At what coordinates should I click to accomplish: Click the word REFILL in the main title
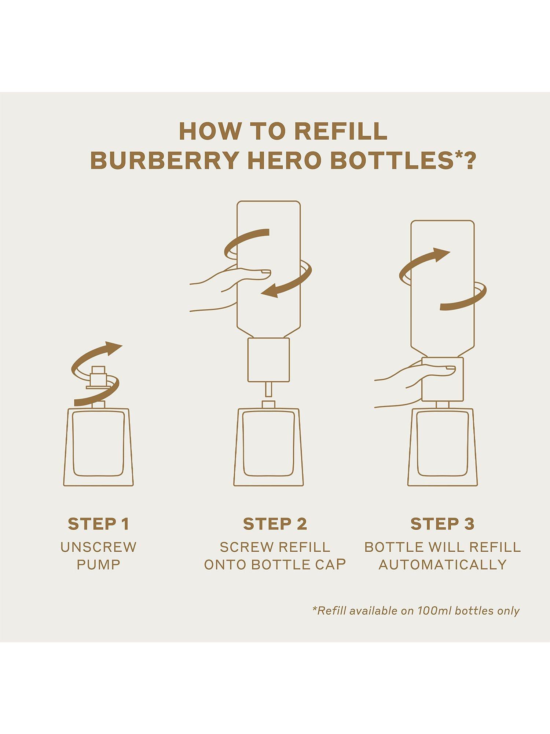coord(341,131)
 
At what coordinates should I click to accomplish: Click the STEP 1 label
coord(99,524)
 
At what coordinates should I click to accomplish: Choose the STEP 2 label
coord(275,524)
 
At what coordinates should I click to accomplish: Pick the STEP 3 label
coord(443,524)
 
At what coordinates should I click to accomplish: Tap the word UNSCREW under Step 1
coord(99,547)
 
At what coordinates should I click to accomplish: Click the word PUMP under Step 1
coord(99,564)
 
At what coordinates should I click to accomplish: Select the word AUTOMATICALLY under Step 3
coord(443,564)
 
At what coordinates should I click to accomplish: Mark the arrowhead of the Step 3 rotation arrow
coord(440,254)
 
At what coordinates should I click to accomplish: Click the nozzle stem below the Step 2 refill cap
coord(268,389)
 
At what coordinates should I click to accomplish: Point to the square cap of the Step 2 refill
coord(268,360)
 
